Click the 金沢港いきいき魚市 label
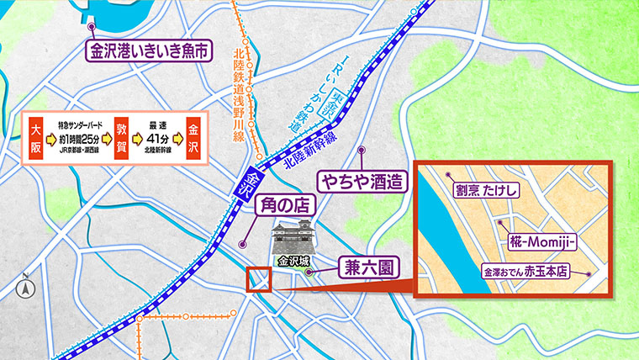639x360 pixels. point(148,50)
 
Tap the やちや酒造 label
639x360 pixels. point(361,179)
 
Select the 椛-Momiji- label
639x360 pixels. point(541,241)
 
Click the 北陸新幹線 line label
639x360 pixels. point(309,151)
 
